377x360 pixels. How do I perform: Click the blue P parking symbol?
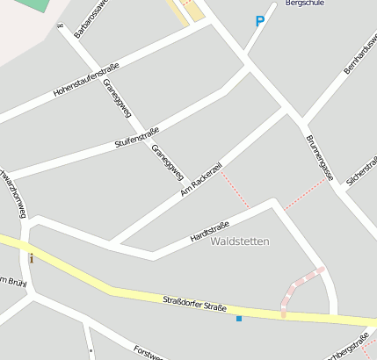coord(259,22)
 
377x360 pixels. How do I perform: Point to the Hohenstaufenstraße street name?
coord(86,80)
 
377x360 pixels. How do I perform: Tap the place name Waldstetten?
coord(241,241)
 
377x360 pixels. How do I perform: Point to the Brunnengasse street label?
coord(319,158)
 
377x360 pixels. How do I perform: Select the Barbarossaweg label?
coord(91,18)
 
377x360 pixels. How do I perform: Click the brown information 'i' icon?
coord(32,258)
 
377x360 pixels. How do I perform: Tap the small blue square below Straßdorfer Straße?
coord(238,318)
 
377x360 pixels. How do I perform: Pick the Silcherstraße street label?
coord(361,171)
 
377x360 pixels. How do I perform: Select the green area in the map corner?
coord(33,4)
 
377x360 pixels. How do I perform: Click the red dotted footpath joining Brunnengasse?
coord(304,194)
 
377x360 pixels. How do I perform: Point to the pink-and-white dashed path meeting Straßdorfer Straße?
coord(299,284)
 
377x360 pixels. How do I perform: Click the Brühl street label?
coord(12,282)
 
